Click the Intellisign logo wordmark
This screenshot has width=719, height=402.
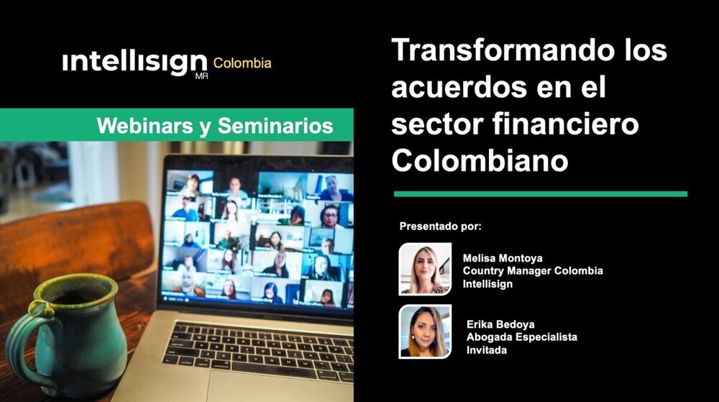pos(135,63)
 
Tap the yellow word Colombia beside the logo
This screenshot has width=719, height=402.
pos(242,63)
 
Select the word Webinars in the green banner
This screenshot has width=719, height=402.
pos(132,126)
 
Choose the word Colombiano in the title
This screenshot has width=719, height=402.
pos(480,160)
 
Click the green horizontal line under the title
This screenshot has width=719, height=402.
pos(540,193)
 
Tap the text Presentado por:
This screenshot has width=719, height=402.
pos(440,227)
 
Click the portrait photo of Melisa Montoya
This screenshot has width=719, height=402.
pos(425,269)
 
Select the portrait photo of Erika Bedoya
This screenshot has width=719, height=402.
pos(425,332)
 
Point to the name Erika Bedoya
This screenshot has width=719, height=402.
pos(501,324)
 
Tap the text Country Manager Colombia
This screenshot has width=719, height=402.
pos(533,271)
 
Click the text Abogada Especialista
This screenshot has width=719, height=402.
pos(521,337)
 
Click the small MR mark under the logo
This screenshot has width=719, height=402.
pos(201,76)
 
